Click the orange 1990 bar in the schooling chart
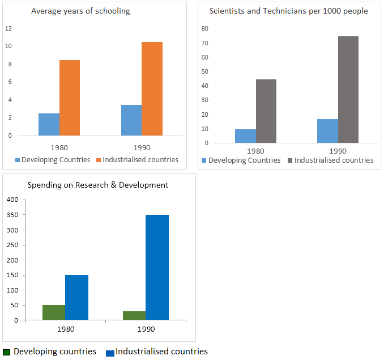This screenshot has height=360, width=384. (152, 89)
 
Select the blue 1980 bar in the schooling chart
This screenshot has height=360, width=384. (49, 125)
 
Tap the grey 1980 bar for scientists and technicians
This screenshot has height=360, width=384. (266, 111)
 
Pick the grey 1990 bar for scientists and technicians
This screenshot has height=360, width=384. (348, 90)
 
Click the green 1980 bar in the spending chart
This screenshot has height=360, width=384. (54, 312)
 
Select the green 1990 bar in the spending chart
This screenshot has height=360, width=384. (134, 315)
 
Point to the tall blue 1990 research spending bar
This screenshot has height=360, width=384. (157, 267)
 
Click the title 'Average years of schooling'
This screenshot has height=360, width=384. (80, 11)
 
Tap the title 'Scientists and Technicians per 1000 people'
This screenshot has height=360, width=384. (288, 11)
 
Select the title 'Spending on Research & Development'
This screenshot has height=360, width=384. (98, 185)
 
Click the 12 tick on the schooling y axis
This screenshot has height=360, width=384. (8, 28)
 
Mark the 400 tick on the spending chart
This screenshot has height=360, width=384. (12, 200)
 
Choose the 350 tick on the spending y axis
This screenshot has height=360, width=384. (12, 215)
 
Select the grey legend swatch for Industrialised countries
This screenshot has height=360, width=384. (291, 160)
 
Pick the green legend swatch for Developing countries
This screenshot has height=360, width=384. (6, 352)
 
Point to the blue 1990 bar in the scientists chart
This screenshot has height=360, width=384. (327, 131)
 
